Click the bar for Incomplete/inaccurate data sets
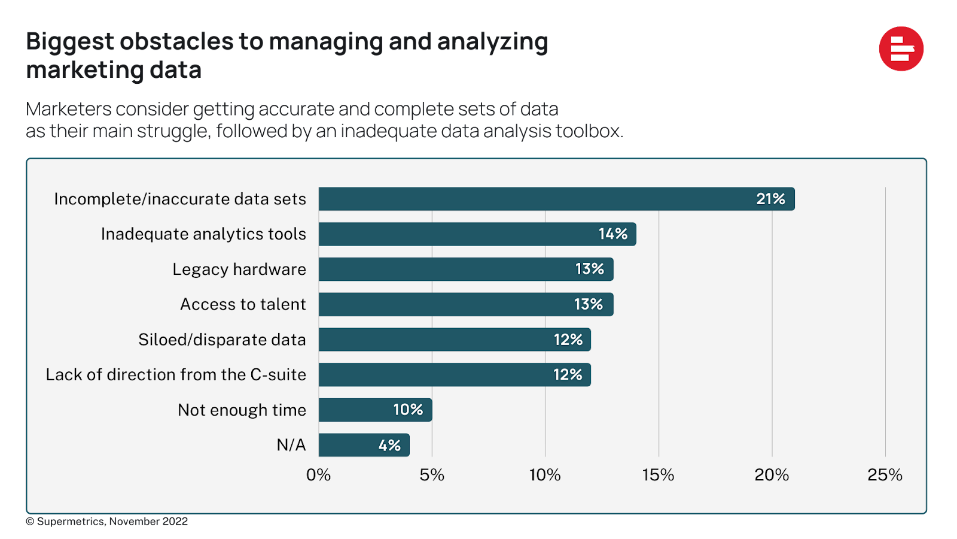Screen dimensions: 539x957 tap(556, 199)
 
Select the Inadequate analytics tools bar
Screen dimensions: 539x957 tap(477, 234)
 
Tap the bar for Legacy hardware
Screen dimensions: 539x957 tap(465, 269)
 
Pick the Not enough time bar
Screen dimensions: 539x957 tap(375, 410)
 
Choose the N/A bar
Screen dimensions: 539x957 tap(364, 445)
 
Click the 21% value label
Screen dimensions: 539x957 tap(770, 199)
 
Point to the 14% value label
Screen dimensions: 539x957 tap(613, 234)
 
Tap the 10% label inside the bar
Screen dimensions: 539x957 tap(408, 410)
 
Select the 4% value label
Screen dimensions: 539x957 tap(389, 446)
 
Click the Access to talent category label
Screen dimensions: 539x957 tap(243, 304)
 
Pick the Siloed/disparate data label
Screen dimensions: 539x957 tap(222, 340)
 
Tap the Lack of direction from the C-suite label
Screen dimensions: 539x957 tap(176, 375)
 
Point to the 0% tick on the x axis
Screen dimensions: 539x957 tap(318, 475)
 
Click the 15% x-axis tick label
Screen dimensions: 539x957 tap(658, 475)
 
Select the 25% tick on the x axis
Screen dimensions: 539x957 tap(885, 475)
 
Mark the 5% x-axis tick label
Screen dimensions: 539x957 tap(432, 475)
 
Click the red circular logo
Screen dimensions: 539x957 tap(901, 49)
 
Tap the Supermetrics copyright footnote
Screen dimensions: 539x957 tap(108, 522)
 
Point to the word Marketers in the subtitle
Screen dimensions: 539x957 tap(69, 110)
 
